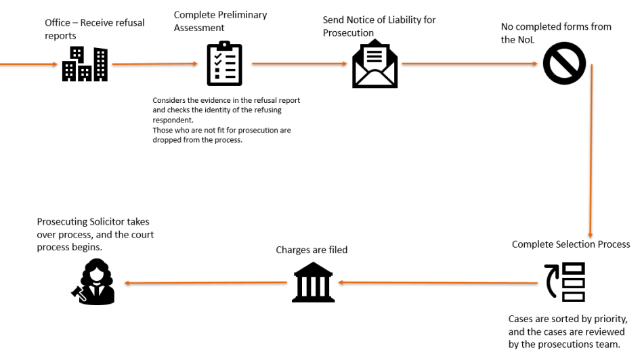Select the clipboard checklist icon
coord(224,64)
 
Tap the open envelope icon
coord(374,64)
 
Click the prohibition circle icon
coord(564,64)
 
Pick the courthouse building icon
coord(314,282)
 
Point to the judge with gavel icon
coord(93,282)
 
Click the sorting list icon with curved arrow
coord(565,282)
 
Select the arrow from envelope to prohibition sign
coord(469,64)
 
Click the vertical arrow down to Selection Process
coord(591,151)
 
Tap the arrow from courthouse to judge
coord(206,283)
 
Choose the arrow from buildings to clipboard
coord(155,64)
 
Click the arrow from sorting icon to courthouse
coord(437,282)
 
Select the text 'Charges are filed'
coord(312,250)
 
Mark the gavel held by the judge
coord(78,293)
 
